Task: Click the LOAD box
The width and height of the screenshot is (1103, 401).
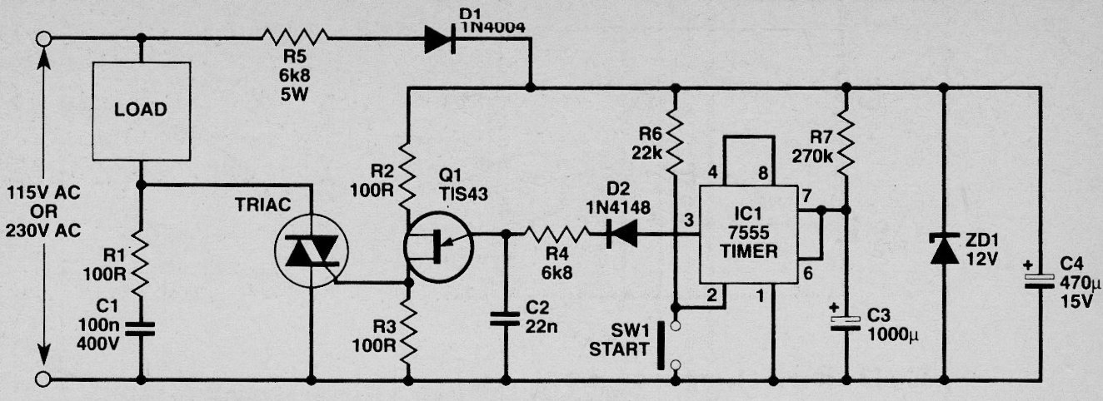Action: tap(142, 111)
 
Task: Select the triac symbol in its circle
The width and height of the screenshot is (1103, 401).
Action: tap(311, 251)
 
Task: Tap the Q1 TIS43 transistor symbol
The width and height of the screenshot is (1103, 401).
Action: tap(437, 246)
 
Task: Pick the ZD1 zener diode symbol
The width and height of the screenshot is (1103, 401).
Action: tap(944, 249)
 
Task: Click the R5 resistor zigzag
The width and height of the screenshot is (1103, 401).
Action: tap(295, 37)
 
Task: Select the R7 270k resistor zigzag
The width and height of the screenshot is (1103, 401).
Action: tap(846, 143)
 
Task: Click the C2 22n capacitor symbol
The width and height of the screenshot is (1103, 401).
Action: tap(505, 319)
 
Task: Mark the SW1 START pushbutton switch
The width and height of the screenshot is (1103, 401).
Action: tap(667, 345)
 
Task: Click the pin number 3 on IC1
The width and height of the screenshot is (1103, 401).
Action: tap(689, 220)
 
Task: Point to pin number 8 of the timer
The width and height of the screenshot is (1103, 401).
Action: tap(763, 173)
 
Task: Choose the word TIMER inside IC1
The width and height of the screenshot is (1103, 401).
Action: tap(748, 251)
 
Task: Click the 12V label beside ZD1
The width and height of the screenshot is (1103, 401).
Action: tap(982, 259)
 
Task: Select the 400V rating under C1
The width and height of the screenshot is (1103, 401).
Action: tap(98, 344)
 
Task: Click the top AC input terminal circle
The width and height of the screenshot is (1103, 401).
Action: tap(43, 38)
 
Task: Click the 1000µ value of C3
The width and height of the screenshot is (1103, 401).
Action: tap(893, 335)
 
